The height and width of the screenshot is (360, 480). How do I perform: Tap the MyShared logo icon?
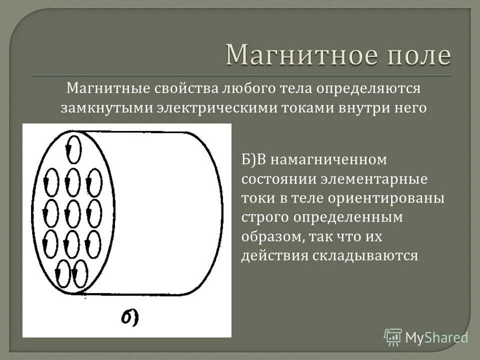(393, 337)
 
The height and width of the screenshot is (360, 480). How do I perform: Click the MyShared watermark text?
(437, 338)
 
